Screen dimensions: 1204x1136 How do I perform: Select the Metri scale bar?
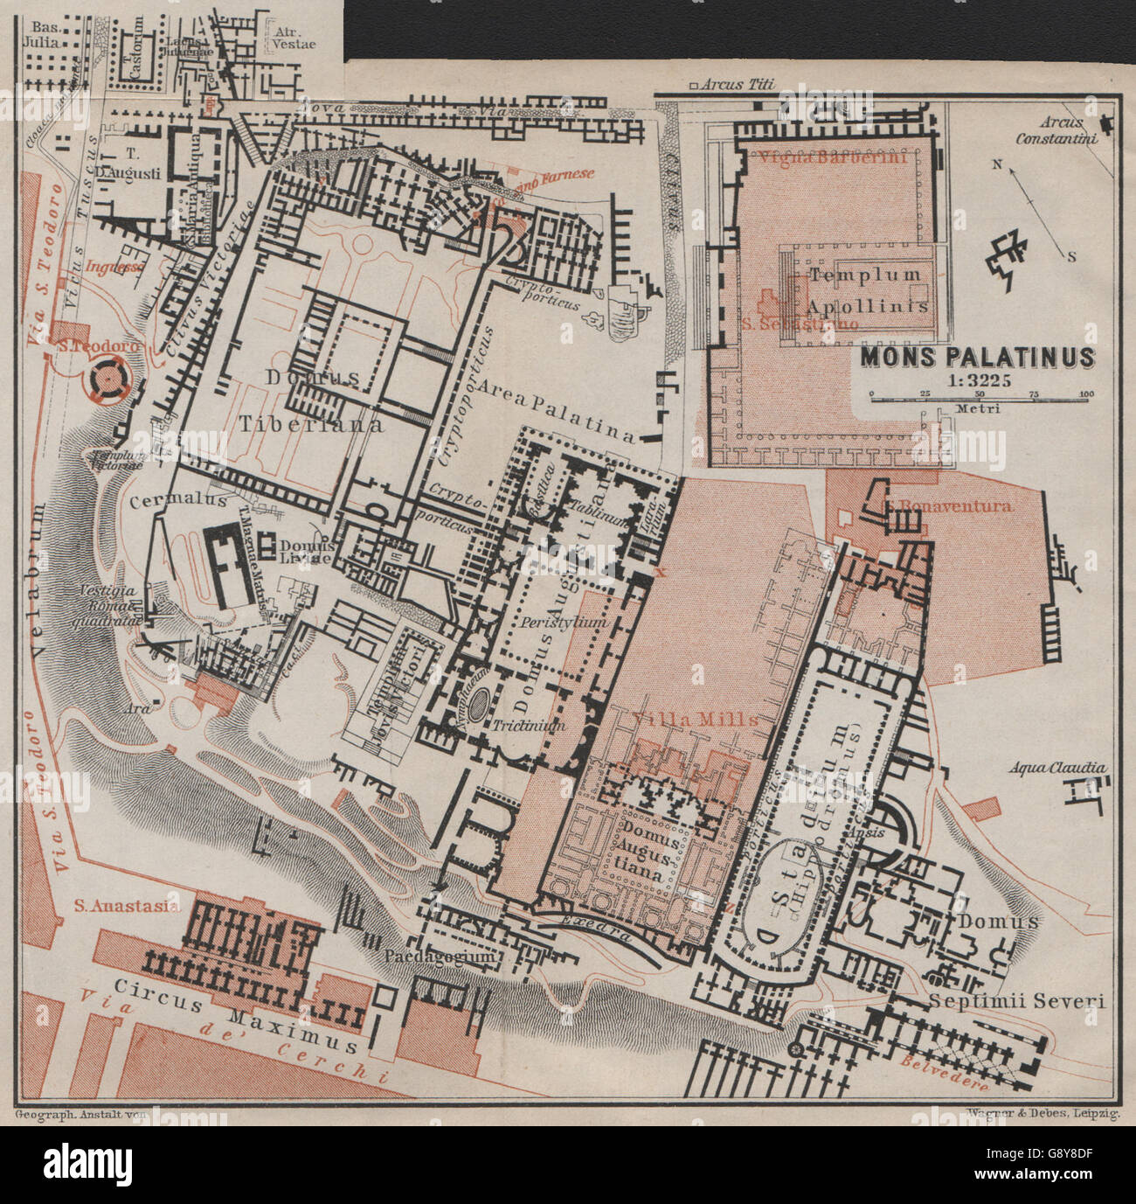[x=979, y=395]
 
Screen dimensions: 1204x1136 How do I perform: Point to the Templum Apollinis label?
[x=865, y=290]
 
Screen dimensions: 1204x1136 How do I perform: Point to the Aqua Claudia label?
[x=1057, y=768]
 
